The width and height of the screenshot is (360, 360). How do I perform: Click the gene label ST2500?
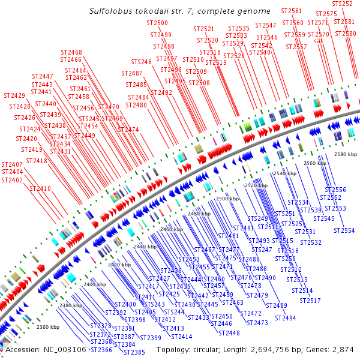coord(157,23)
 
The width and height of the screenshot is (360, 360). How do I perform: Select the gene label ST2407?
coord(12,164)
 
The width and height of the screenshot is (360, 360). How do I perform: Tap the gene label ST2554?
coord(344,230)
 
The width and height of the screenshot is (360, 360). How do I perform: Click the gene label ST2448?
coord(229,333)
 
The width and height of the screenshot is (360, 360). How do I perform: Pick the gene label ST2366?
coord(101,350)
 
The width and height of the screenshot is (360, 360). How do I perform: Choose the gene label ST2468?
coord(71,53)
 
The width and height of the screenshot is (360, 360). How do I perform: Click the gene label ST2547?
coord(266,25)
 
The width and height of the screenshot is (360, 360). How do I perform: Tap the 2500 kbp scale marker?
coord(227,199)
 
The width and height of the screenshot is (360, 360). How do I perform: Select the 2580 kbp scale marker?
coord(345,154)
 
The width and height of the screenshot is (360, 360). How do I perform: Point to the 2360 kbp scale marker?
coord(48,328)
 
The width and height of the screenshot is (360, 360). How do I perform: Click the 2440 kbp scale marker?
coord(145,247)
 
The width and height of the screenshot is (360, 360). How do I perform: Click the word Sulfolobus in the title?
coord(110,11)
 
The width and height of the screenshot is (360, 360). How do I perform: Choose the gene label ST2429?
coord(14,96)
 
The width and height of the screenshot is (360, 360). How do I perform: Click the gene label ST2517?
coord(310,301)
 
